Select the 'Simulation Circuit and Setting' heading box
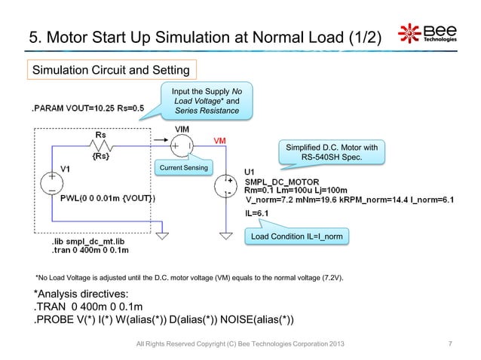tap(112, 71)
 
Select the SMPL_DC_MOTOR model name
tap(283, 182)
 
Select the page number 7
tap(449, 346)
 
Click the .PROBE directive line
tap(163, 322)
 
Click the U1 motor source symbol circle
tap(225, 187)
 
